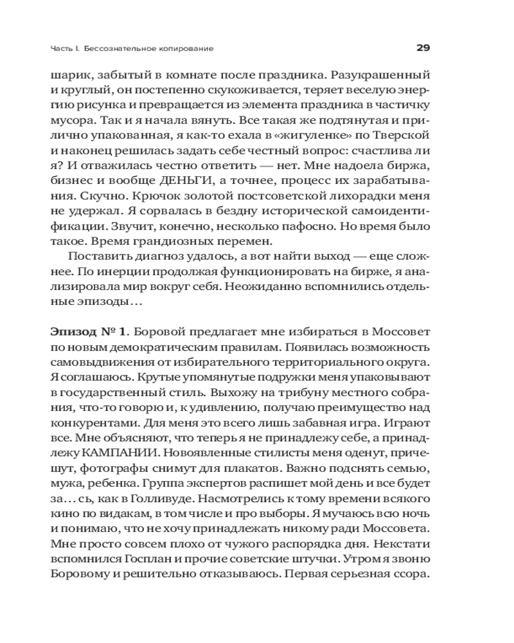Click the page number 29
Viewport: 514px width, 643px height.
pos(422,48)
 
